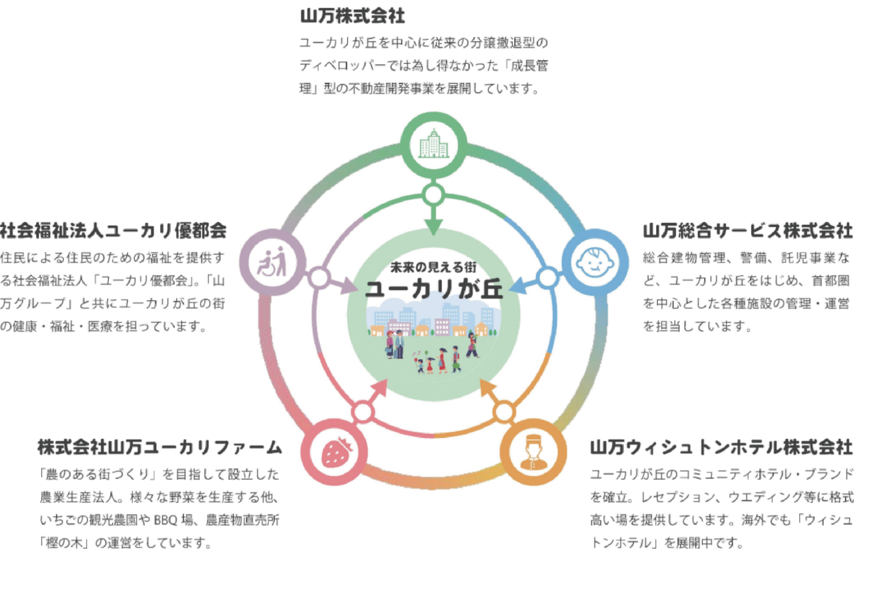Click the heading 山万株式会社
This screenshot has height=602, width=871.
point(352,16)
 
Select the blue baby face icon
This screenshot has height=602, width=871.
point(595,262)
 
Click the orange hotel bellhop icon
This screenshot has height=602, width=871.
point(533,452)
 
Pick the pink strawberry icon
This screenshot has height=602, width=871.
point(335,452)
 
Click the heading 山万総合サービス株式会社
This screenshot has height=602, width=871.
point(747,231)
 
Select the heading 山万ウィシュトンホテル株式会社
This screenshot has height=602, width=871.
point(721,447)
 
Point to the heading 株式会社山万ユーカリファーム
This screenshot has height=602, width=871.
point(160,447)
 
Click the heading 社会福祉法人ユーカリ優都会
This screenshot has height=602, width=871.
point(113,231)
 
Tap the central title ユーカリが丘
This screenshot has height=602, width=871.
point(434,289)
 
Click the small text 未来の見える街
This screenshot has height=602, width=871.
point(433,267)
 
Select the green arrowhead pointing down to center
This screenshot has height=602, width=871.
point(433,226)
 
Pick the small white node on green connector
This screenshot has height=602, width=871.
point(433,195)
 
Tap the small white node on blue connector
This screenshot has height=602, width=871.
point(547,278)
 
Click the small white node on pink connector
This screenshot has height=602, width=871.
point(363,412)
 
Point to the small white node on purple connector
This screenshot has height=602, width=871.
point(319,278)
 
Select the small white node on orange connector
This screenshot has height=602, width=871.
point(503,412)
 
